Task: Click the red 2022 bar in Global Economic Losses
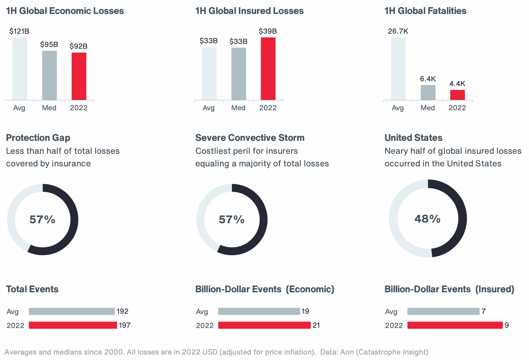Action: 79,76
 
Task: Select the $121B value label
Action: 19,32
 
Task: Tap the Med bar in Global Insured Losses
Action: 239,74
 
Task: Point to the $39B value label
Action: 268,32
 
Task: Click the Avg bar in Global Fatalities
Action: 398,69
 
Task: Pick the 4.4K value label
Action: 457,84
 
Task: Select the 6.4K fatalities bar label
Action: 428,79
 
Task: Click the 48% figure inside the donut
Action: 427,219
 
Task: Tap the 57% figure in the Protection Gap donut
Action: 42,219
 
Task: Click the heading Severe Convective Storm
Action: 250,138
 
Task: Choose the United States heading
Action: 413,138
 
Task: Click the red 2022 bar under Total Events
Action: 73,325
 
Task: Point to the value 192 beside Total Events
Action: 122,311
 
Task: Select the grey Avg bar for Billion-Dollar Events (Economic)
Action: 259,311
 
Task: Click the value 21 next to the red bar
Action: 316,325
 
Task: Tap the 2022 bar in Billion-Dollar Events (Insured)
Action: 455,325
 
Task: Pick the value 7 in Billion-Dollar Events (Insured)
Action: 483,311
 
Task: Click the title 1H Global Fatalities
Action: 425,11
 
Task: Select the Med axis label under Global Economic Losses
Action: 49,108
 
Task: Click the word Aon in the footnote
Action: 347,352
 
